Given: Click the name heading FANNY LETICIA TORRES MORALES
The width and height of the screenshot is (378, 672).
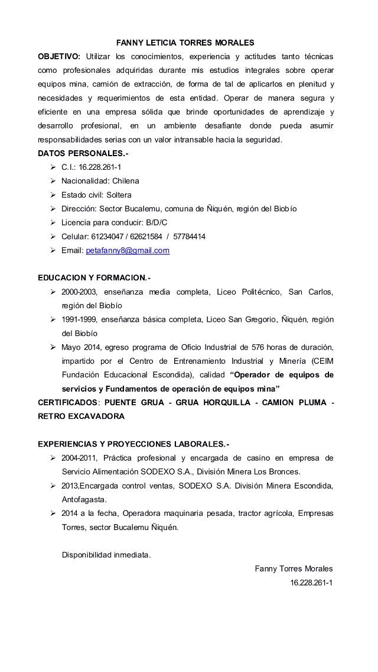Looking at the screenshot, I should [185, 43].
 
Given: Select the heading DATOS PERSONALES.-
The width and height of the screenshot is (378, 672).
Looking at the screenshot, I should [83, 153].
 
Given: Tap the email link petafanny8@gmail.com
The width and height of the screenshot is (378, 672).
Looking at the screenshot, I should [128, 250].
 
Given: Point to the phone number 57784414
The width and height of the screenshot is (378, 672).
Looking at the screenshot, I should [190, 237].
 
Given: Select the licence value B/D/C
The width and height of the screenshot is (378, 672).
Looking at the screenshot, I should [157, 222].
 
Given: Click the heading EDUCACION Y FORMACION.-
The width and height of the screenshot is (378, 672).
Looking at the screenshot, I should [94, 277].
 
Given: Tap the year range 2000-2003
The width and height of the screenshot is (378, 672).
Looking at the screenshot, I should [80, 292].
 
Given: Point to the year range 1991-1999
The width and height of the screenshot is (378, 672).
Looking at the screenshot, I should [80, 319].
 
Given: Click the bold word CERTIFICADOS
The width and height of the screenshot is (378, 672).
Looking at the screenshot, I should [67, 402].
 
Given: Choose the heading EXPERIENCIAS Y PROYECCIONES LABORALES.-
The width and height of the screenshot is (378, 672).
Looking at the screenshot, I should [134, 444].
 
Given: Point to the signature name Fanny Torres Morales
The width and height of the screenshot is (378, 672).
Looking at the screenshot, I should [294, 568].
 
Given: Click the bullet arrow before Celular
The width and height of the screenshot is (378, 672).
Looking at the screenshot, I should [53, 237].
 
